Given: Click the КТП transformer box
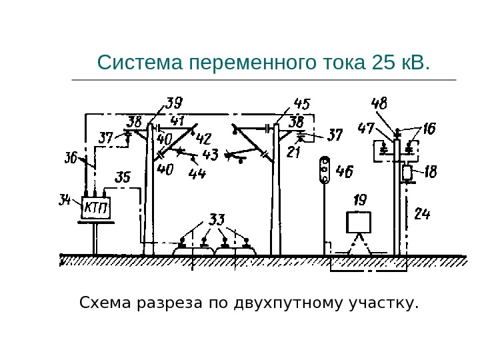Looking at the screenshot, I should (x=96, y=208).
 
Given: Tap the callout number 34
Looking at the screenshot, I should (x=65, y=200).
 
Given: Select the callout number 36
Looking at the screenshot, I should (x=71, y=159).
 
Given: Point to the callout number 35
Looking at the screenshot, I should (x=123, y=177).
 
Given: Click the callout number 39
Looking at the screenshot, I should (x=174, y=103).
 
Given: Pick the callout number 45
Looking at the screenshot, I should (x=301, y=105).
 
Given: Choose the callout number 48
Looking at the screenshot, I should (x=379, y=104).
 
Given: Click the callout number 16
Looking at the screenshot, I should (x=428, y=129).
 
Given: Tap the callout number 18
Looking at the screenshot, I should (x=430, y=172).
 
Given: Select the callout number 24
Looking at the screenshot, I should (x=422, y=215).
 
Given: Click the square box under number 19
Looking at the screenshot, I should (x=360, y=221).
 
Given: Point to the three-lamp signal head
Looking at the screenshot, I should (x=325, y=169).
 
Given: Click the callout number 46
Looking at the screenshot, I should (x=344, y=172).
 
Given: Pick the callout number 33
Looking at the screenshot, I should (x=217, y=219).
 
